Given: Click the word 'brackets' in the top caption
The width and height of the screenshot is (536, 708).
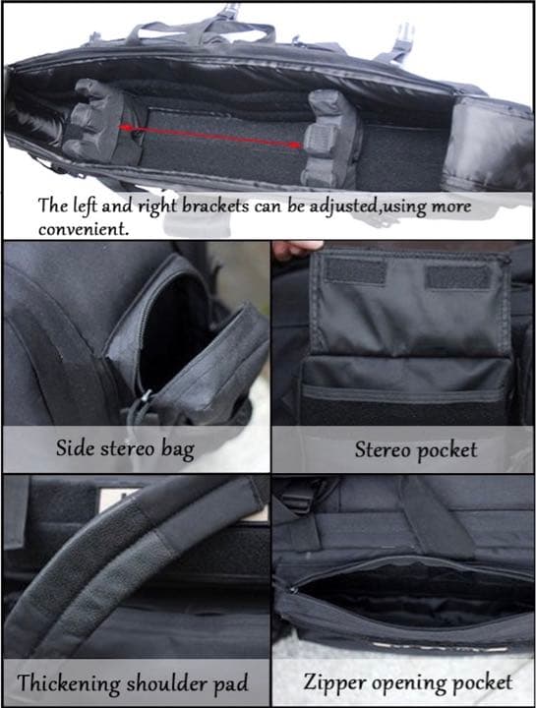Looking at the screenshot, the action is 215,206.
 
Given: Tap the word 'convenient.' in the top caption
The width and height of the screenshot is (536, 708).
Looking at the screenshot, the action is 84,228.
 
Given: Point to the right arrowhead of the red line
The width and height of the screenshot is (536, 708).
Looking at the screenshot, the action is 295,145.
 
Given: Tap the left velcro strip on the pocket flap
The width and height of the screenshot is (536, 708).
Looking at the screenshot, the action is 355,271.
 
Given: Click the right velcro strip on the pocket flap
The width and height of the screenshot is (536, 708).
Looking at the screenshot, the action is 458,276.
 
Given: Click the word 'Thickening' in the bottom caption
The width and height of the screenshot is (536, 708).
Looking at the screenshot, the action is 68,682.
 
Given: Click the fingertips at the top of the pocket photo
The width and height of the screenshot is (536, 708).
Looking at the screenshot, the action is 297,249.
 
